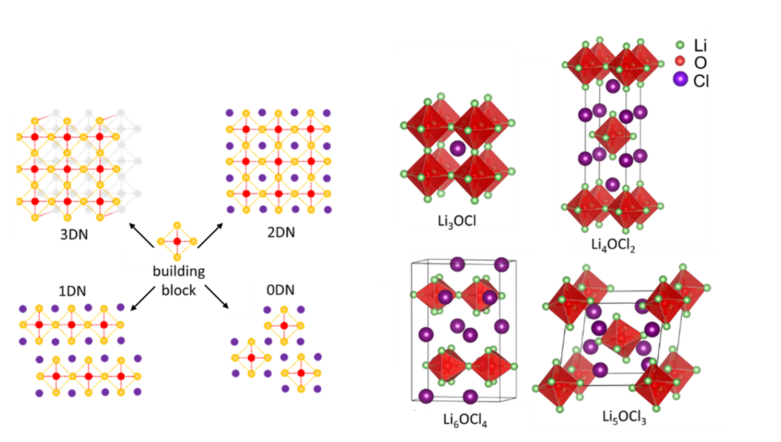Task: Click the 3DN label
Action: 74,234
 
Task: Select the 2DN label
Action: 281,232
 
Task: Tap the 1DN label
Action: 72,291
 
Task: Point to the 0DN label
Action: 281,290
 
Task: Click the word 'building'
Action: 179,271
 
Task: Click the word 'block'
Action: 179,290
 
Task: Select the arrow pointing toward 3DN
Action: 141,235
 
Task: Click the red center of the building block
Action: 177,241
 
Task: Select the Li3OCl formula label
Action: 457,221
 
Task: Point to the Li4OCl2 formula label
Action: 613,245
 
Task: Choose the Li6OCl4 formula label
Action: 465,420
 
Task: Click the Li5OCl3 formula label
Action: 624,417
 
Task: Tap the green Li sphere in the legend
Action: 680,45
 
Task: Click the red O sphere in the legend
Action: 680,62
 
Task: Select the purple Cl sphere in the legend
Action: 680,79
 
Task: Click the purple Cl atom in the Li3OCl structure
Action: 458,148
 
